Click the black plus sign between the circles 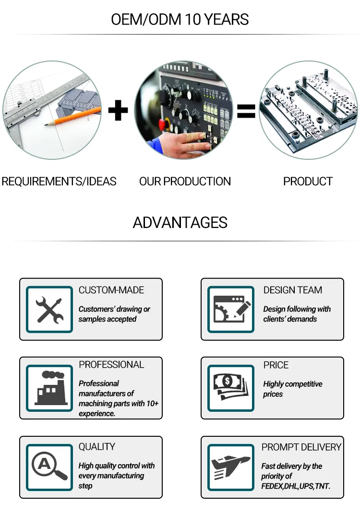118,110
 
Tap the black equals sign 246,111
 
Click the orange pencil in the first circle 73,117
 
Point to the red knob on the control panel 162,124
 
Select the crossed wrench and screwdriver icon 49,310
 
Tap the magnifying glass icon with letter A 49,467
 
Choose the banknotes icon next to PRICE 231,387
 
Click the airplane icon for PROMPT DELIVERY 231,468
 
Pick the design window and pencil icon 232,309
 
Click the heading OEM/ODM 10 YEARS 180,20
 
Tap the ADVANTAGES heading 180,223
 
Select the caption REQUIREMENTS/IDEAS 59,181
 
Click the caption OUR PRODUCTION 185,181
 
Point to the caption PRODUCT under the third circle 308,181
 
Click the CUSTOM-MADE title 111,290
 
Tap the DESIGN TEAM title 293,290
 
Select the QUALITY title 96,446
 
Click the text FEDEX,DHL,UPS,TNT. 296,486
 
